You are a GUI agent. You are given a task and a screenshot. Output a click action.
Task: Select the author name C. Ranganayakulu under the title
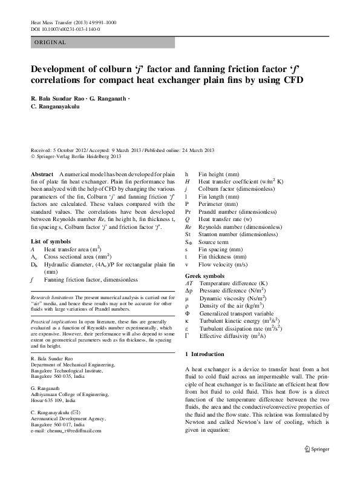pos(56,107)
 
